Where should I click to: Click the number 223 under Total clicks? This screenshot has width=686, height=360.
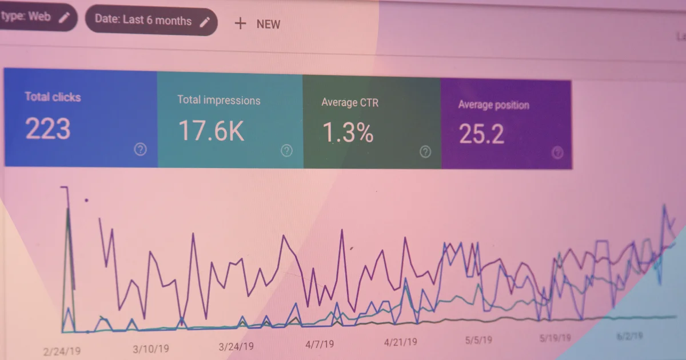(x=48, y=129)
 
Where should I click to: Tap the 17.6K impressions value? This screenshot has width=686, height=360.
(x=211, y=131)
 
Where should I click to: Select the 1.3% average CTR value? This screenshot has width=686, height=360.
(x=348, y=133)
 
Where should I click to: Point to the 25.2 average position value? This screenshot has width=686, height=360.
(x=481, y=134)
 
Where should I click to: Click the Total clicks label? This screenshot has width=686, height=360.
(x=53, y=97)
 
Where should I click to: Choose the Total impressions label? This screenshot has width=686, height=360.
(x=218, y=100)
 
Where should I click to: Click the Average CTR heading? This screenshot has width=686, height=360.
(x=350, y=103)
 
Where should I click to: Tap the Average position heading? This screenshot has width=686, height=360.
(x=493, y=105)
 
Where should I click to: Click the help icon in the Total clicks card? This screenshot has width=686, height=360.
(x=140, y=150)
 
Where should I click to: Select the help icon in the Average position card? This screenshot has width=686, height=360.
(x=557, y=153)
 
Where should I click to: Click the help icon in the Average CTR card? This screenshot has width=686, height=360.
(x=425, y=151)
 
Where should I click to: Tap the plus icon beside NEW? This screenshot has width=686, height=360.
(x=241, y=23)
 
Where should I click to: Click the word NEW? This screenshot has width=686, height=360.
(x=268, y=24)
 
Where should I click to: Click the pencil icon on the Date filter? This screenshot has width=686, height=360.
(x=205, y=22)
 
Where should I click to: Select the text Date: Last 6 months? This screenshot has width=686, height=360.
(x=143, y=20)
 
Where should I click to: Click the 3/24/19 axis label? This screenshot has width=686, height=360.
(x=236, y=346)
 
